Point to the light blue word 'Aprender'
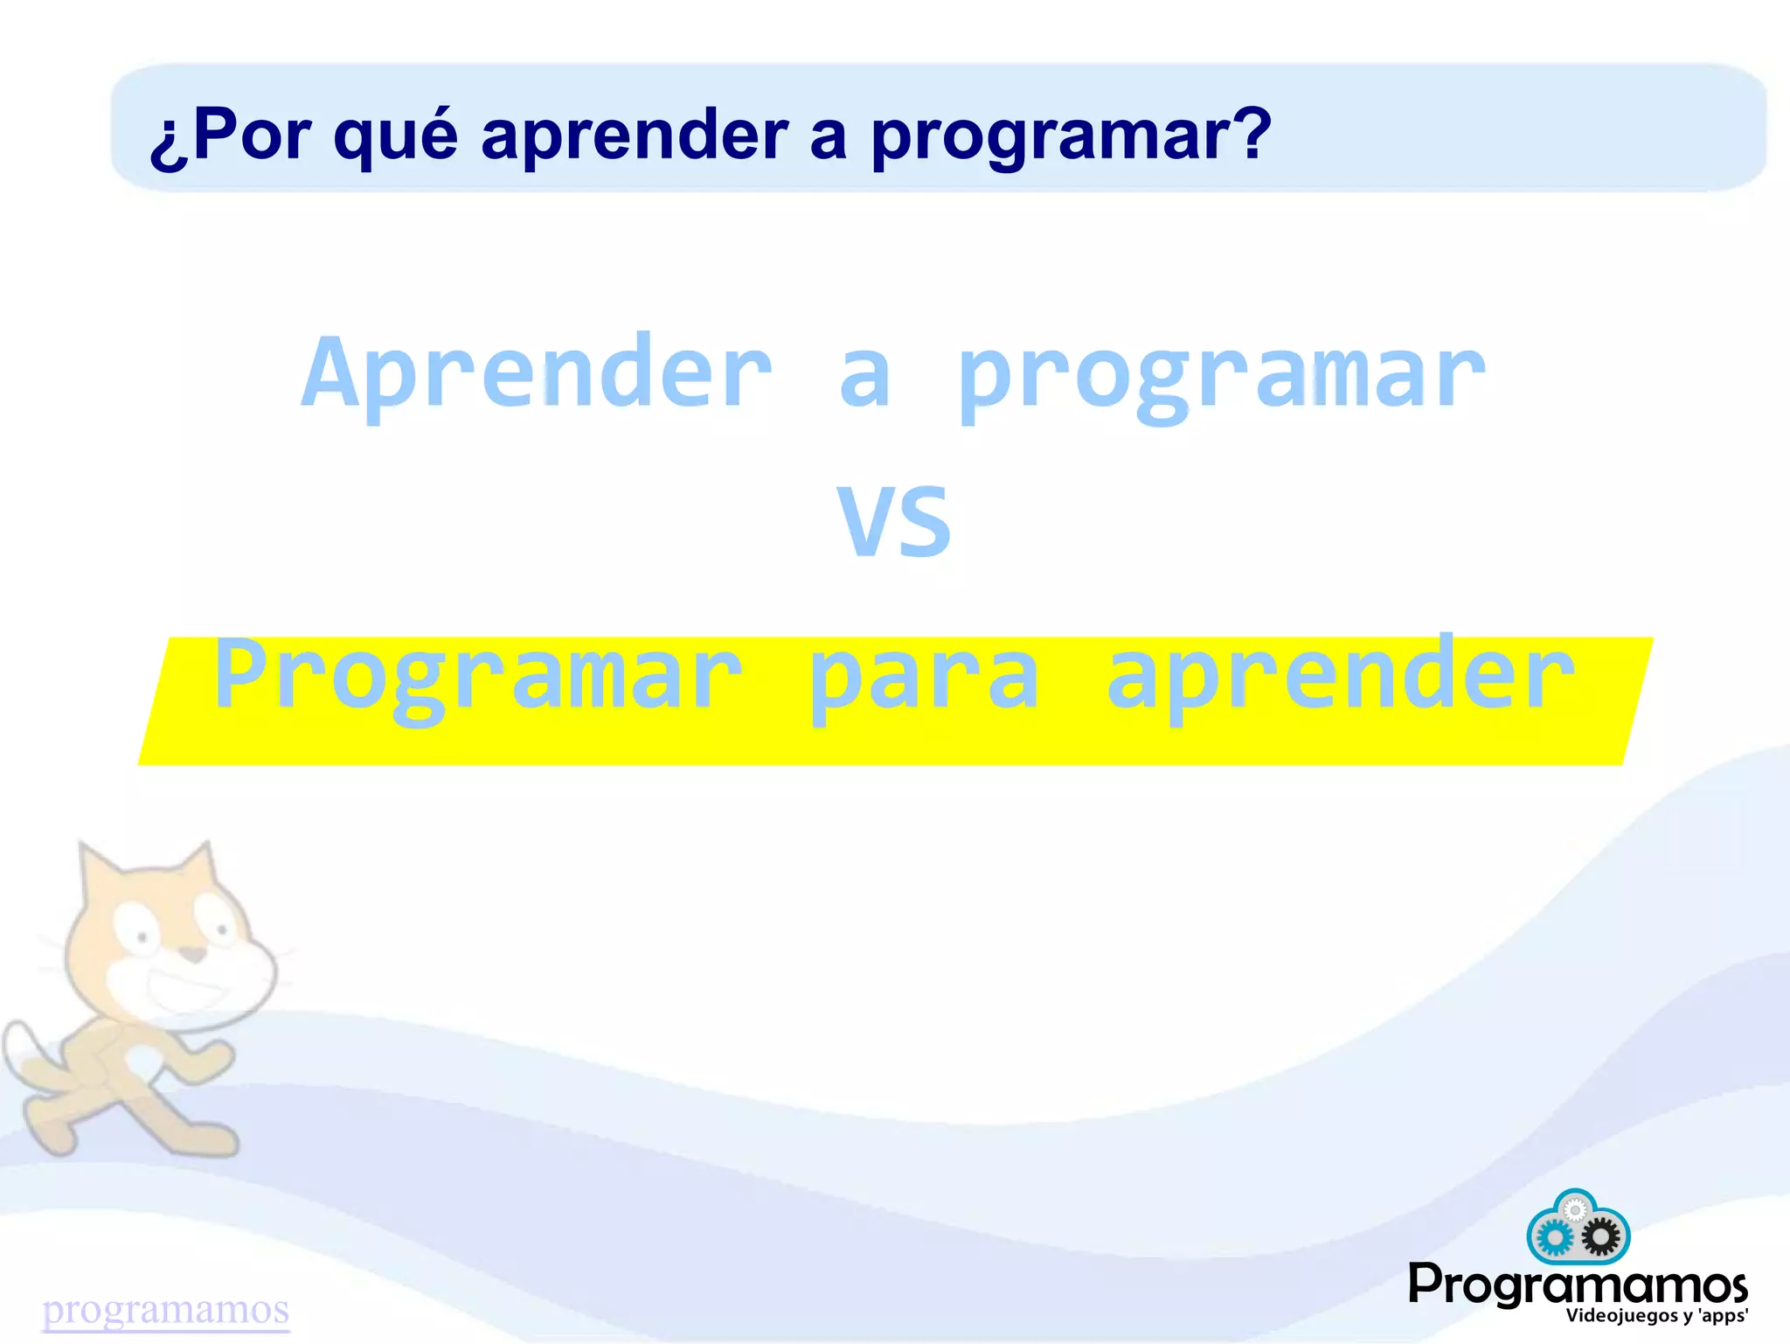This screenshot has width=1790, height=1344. [x=538, y=374]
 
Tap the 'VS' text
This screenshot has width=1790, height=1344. [x=894, y=522]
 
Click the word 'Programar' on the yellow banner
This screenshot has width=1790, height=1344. [x=478, y=675]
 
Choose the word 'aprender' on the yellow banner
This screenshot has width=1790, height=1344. [x=1340, y=675]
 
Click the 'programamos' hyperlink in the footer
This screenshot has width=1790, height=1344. [x=166, y=1309]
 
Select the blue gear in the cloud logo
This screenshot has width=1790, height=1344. [x=1553, y=1237]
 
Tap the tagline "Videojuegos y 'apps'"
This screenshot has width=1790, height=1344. [x=1656, y=1316]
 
